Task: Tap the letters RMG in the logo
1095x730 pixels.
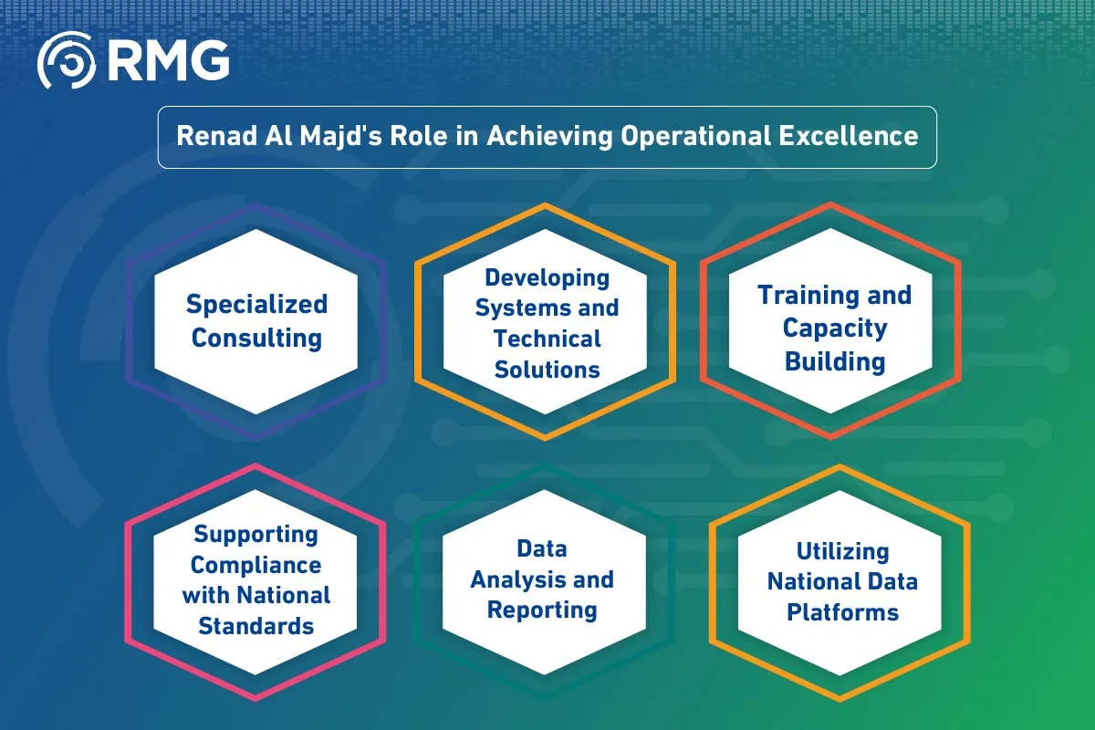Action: click(166, 62)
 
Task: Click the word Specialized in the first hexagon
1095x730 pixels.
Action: click(256, 304)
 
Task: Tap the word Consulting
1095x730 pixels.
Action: click(256, 338)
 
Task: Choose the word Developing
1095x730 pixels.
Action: click(547, 276)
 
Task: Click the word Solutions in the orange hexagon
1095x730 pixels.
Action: click(547, 369)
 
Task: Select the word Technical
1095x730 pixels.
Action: click(547, 339)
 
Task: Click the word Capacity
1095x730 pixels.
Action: click(835, 328)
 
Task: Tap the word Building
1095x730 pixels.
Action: click(835, 360)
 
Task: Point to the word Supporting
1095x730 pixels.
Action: click(255, 534)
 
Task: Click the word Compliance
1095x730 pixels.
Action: click(255, 565)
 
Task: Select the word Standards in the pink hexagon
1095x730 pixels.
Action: click(255, 626)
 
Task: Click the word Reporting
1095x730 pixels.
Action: click(542, 610)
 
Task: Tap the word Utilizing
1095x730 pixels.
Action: click(842, 551)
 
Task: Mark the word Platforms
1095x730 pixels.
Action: click(842, 611)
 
